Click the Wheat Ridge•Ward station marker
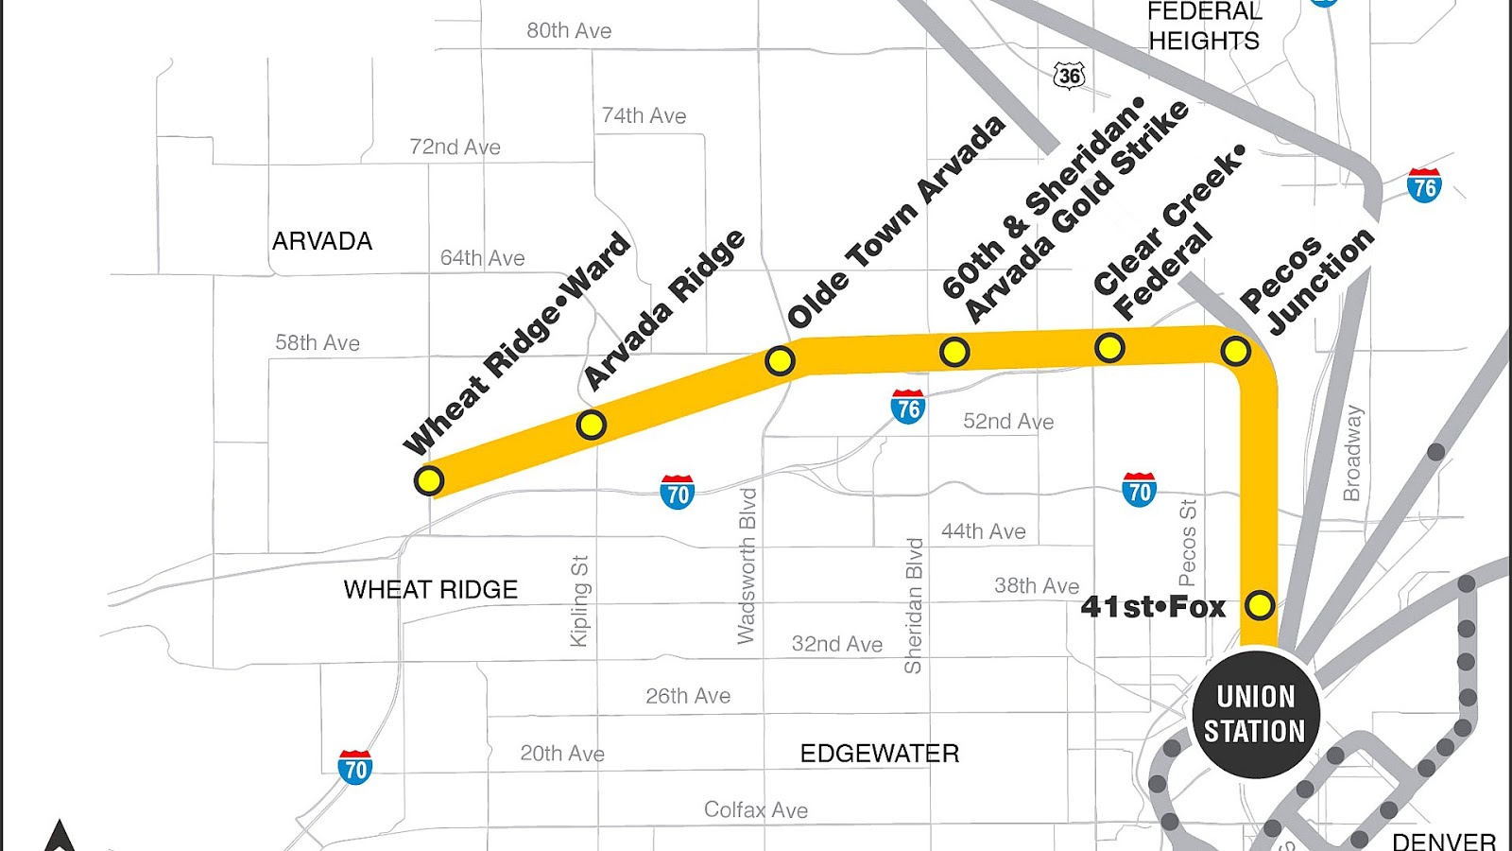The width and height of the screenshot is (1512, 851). [x=429, y=480]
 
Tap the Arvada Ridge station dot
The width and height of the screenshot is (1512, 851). [x=592, y=425]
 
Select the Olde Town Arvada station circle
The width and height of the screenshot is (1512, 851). [x=780, y=360]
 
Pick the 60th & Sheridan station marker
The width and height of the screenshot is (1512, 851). [x=954, y=352]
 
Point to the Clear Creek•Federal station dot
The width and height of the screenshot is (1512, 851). [x=1109, y=347]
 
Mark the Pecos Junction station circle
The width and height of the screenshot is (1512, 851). [x=1235, y=351]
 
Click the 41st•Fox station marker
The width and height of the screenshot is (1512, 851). [x=1260, y=604]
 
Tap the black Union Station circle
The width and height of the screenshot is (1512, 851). [x=1255, y=714]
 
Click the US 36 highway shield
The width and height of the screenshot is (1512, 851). [x=1070, y=76]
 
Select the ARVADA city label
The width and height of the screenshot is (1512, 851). [x=322, y=241]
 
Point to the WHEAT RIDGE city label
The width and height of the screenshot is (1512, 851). [x=431, y=590]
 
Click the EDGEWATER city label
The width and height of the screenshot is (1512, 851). [x=879, y=754]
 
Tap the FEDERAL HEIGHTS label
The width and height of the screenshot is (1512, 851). [x=1204, y=26]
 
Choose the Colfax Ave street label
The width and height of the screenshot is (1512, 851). [x=756, y=810]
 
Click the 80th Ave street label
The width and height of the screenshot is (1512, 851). [x=569, y=31]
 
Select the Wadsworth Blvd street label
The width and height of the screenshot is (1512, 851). [x=747, y=566]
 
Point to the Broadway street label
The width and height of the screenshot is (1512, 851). [x=1352, y=453]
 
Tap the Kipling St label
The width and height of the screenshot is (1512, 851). [x=579, y=601]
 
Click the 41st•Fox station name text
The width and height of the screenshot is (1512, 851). [x=1153, y=606]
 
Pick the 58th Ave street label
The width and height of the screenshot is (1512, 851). [x=318, y=343]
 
